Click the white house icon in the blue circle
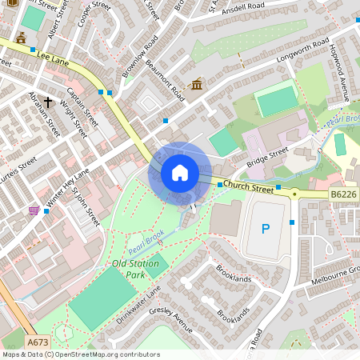coord(180,173)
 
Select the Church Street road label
coord(248,186)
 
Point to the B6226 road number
coord(343,194)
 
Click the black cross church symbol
coord(48,102)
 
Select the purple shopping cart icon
coord(34,210)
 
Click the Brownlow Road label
coord(134,57)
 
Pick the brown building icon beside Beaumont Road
coord(197,84)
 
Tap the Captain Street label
coord(82,106)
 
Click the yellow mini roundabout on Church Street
coord(294,194)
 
